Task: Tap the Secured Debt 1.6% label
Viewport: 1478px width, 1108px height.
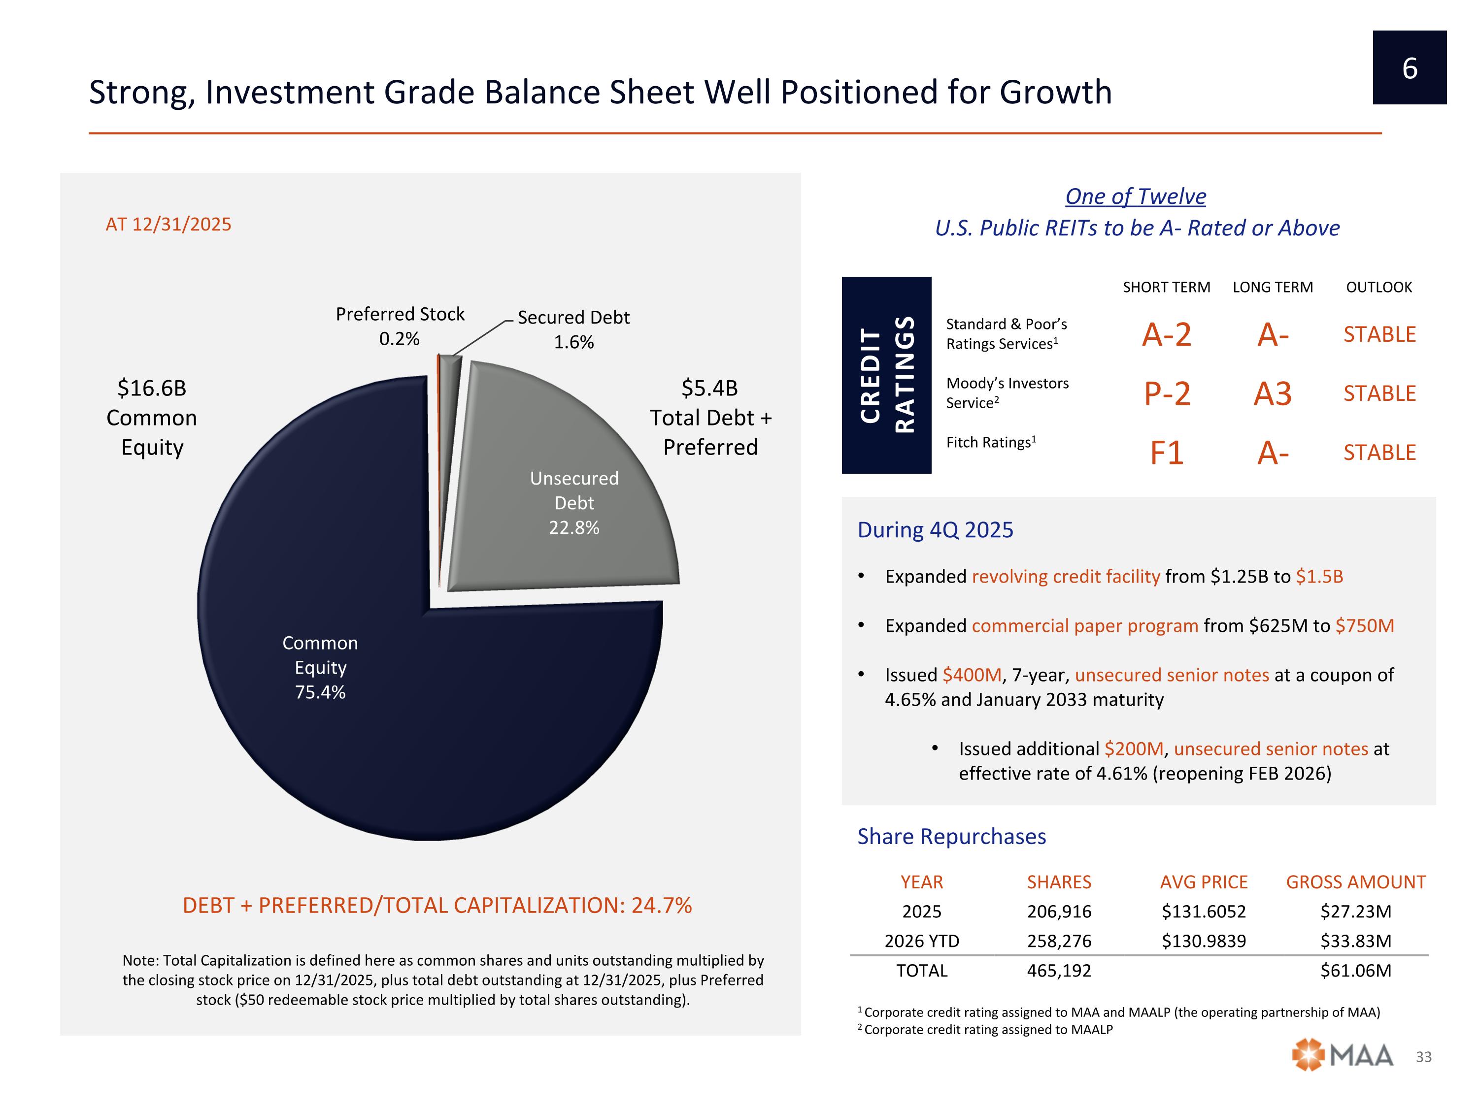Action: (x=573, y=329)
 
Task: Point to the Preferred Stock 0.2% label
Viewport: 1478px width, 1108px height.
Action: (x=400, y=326)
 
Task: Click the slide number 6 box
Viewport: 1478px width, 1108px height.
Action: (x=1409, y=67)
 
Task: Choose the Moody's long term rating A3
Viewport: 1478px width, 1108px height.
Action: (x=1272, y=393)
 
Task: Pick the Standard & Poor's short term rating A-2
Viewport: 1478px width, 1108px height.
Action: (x=1167, y=334)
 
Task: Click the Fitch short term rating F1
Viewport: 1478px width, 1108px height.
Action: (x=1167, y=453)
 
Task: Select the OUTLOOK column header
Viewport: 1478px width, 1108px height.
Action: (x=1378, y=287)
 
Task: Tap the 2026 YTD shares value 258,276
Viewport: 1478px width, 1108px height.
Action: (x=1059, y=941)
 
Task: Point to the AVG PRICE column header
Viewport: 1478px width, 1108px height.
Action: (x=1204, y=882)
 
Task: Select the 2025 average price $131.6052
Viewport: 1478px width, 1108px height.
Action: (x=1204, y=912)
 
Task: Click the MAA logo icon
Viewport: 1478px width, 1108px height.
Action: (x=1308, y=1055)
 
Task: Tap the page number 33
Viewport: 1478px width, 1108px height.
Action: (x=1423, y=1057)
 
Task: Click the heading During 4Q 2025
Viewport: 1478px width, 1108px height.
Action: (x=935, y=529)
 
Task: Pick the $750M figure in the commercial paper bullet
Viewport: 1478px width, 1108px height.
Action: (x=1364, y=626)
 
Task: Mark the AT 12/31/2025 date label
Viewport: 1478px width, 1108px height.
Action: (x=168, y=225)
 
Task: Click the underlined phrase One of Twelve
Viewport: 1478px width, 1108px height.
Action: (x=1135, y=196)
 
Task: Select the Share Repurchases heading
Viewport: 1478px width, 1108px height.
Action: (x=951, y=836)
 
